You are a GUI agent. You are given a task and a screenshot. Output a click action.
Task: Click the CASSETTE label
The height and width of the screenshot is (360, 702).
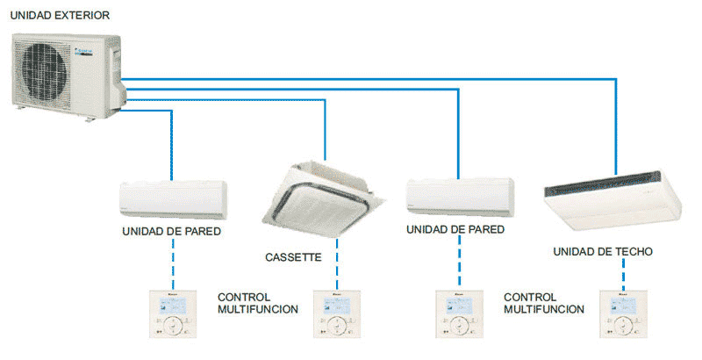(293, 258)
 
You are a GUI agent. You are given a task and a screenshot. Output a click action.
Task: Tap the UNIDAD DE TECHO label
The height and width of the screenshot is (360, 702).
(602, 252)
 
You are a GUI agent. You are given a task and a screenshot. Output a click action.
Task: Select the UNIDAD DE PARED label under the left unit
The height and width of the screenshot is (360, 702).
(171, 232)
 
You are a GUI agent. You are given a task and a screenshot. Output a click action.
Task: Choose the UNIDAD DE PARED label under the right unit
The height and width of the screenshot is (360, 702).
(455, 229)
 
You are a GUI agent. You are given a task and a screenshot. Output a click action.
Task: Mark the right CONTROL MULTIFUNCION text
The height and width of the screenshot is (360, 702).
(544, 303)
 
